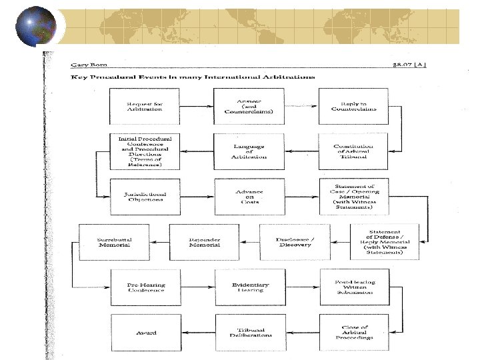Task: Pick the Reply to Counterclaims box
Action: (354, 107)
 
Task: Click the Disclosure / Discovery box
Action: (294, 241)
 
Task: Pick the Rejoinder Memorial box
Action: (204, 241)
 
